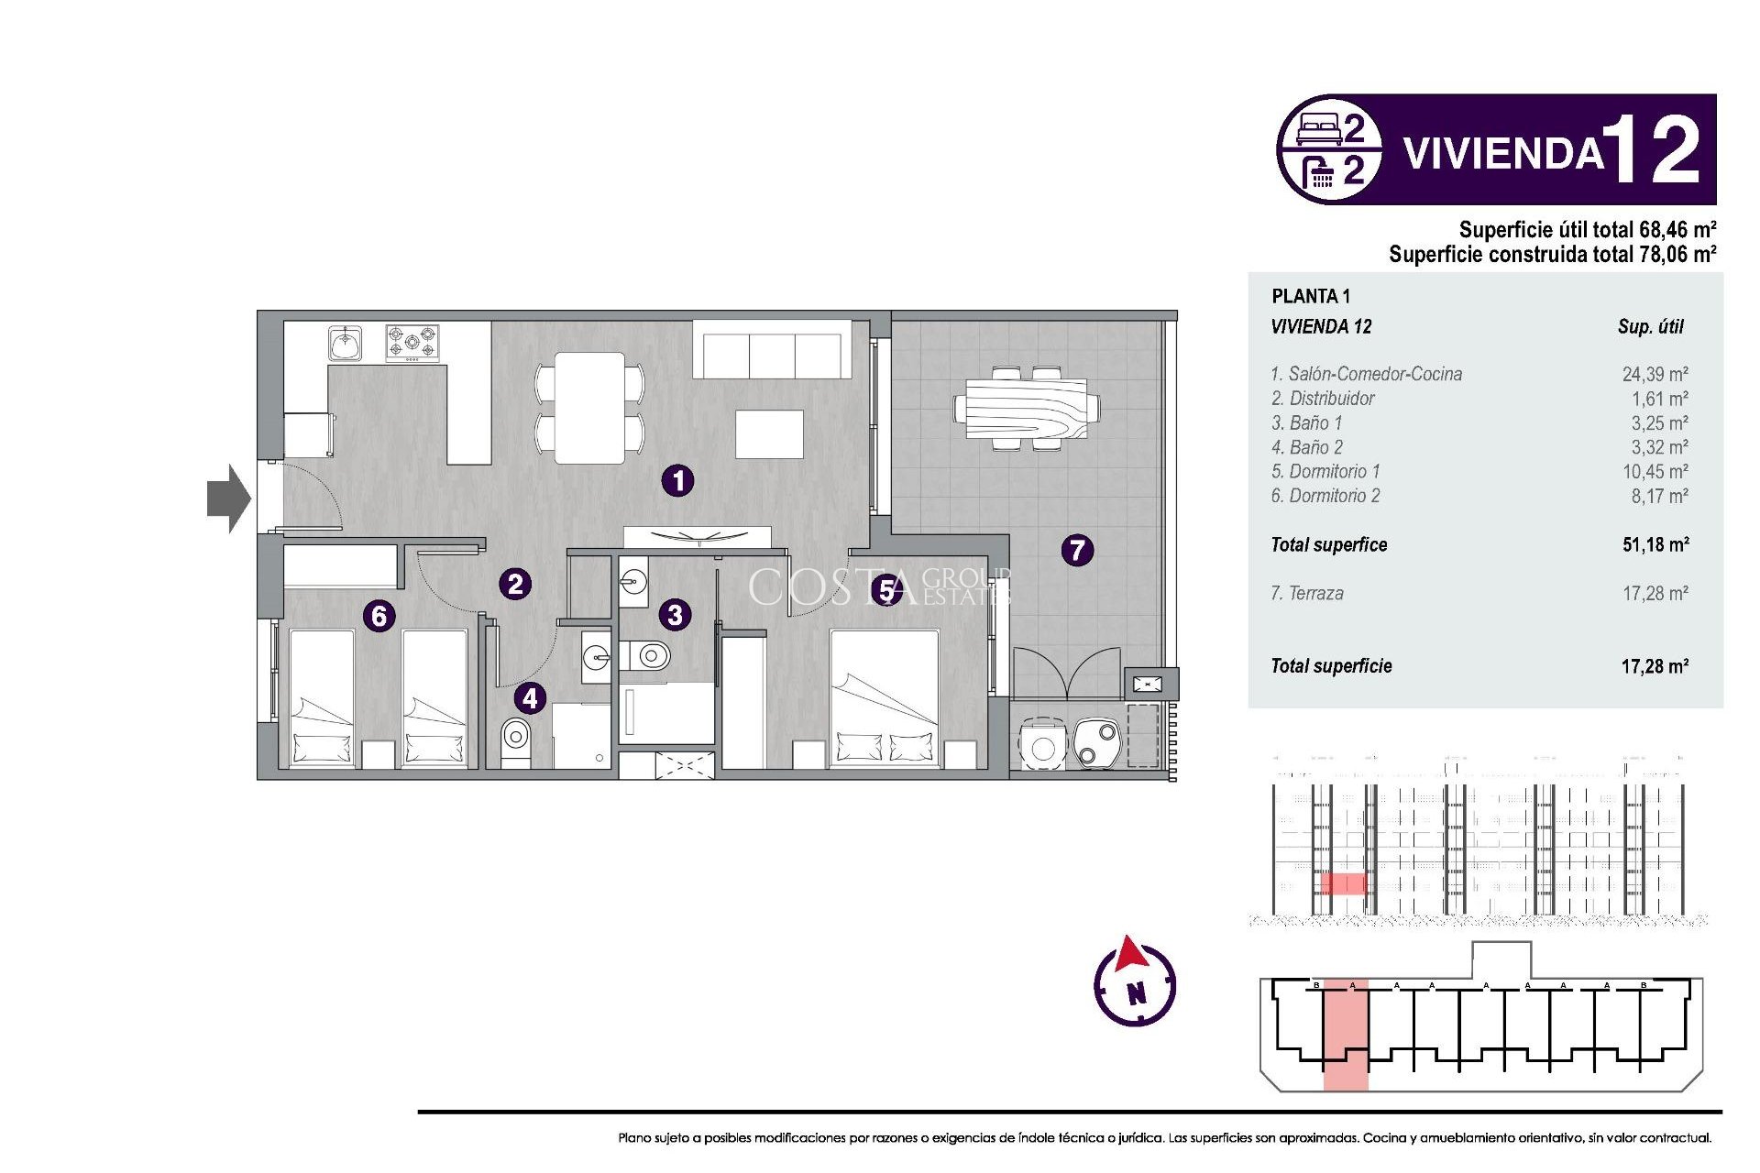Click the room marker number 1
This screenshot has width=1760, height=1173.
tap(677, 480)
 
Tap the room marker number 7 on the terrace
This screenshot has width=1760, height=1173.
tap(1077, 550)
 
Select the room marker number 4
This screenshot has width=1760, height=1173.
tap(530, 698)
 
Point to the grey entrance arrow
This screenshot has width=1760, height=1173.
tap(228, 499)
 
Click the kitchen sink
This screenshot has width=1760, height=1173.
tap(345, 344)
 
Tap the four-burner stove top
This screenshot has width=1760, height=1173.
tap(412, 343)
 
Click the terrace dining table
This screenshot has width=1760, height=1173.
tap(1027, 409)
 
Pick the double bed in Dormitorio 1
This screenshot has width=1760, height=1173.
tap(885, 696)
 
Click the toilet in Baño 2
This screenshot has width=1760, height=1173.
tap(516, 740)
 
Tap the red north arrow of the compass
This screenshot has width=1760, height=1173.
tap(1131, 954)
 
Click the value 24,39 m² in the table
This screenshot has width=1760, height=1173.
tap(1655, 374)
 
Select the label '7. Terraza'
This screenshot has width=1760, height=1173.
tap(1307, 593)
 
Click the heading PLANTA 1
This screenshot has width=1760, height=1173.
tap(1310, 296)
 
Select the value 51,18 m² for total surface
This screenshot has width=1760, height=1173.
tap(1655, 544)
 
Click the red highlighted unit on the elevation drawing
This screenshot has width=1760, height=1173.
tap(1343, 883)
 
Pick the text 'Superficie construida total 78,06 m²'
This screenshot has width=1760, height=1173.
tap(1551, 255)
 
